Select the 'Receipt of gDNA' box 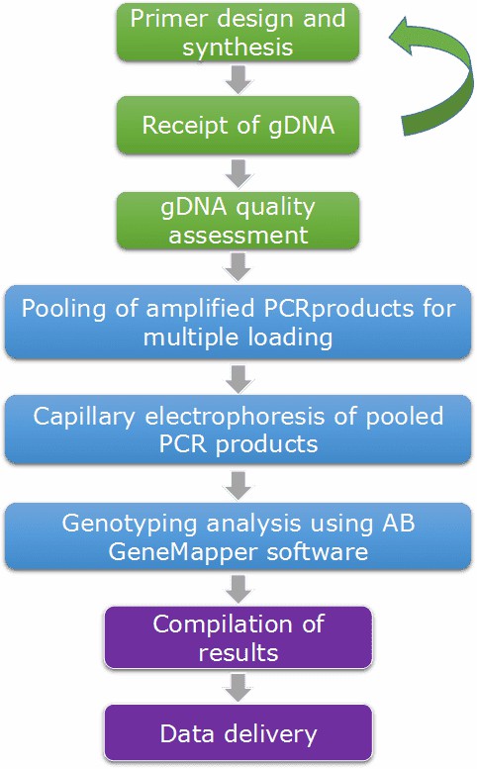tap(238, 126)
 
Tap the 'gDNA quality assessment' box tap(238, 219)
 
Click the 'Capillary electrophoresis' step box tap(238, 429)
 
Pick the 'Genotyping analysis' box tap(238, 537)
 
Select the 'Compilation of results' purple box tap(238, 639)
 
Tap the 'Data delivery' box tap(238, 733)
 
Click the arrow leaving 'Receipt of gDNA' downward tap(238, 172)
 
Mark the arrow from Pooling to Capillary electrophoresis tap(238, 376)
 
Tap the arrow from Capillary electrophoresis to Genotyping tap(238, 483)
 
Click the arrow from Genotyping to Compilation tap(238, 590)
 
